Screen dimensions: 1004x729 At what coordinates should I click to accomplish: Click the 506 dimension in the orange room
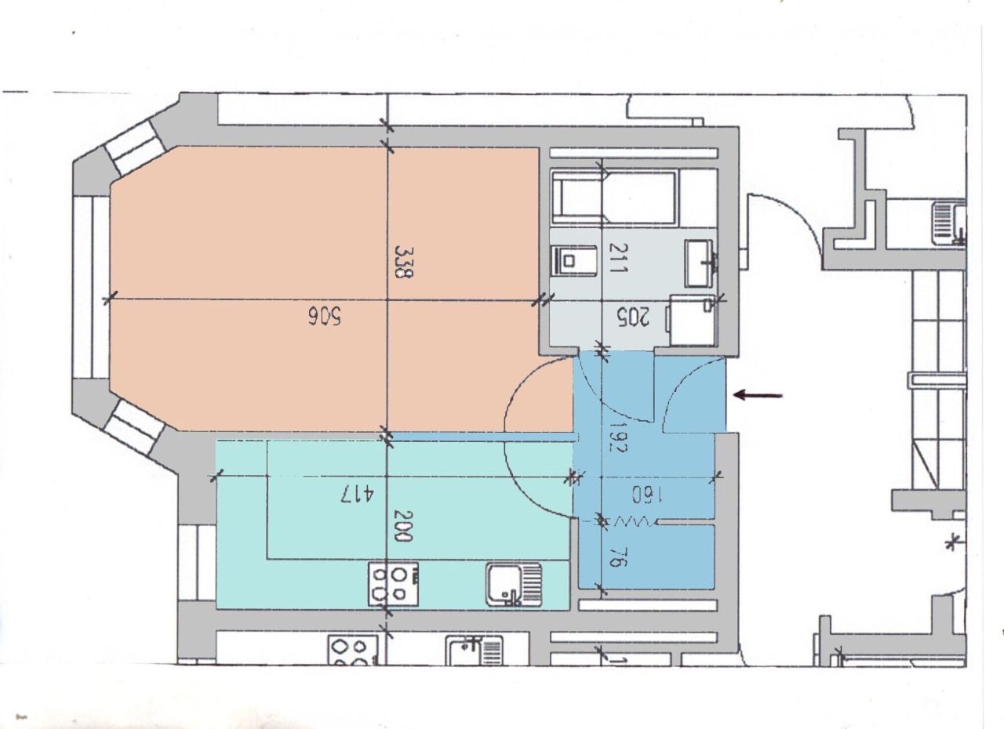[325, 316]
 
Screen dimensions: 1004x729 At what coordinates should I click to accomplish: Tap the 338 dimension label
[403, 262]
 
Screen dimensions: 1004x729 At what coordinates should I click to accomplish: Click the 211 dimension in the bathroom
[619, 258]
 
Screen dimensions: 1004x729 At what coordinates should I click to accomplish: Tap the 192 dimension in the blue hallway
[617, 437]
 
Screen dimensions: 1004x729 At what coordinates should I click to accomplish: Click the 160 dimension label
[648, 495]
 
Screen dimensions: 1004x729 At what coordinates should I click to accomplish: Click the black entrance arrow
[758, 395]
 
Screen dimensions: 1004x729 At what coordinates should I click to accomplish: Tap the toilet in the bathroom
[574, 259]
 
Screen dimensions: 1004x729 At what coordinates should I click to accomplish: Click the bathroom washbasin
[701, 263]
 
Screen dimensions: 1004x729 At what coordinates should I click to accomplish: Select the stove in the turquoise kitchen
[393, 584]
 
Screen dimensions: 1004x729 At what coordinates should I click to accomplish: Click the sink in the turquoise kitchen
[514, 585]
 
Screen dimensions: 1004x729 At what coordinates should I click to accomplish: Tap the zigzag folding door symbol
[630, 520]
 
